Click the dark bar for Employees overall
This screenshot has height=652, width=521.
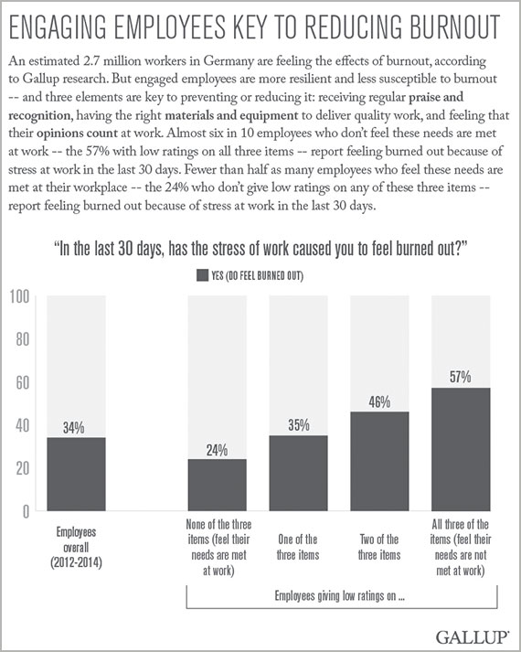76,474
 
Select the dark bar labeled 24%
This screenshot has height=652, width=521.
217,485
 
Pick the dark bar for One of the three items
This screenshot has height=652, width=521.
298,473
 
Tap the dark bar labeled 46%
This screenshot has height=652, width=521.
379,461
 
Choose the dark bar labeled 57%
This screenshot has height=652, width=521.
461,449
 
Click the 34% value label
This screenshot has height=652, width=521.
73,428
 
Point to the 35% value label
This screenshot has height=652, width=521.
299,425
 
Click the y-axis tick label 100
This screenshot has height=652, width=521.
19,297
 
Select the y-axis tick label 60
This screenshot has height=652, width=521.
23,382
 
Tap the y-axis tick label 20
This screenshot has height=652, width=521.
23,468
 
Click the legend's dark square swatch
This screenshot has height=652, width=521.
202,275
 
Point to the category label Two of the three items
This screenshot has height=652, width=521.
379,547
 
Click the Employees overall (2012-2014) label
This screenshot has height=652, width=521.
76,547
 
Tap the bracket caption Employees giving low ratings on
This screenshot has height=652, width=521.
340,596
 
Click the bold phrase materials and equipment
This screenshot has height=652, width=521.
231,115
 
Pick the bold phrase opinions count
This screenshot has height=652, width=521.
78,134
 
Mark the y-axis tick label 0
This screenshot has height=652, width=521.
26,512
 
